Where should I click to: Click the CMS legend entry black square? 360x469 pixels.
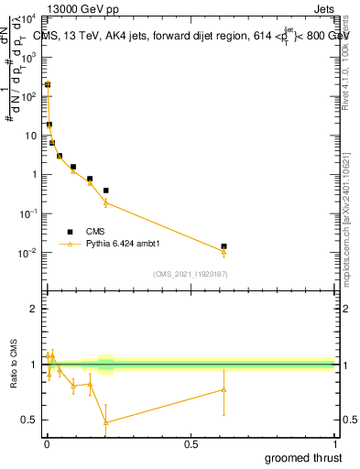tap(70, 232)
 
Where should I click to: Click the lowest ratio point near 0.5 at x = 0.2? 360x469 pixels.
tap(106, 421)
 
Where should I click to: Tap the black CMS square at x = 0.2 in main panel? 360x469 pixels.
tap(106, 191)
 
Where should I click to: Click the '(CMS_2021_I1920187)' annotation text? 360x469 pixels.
tap(190, 274)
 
